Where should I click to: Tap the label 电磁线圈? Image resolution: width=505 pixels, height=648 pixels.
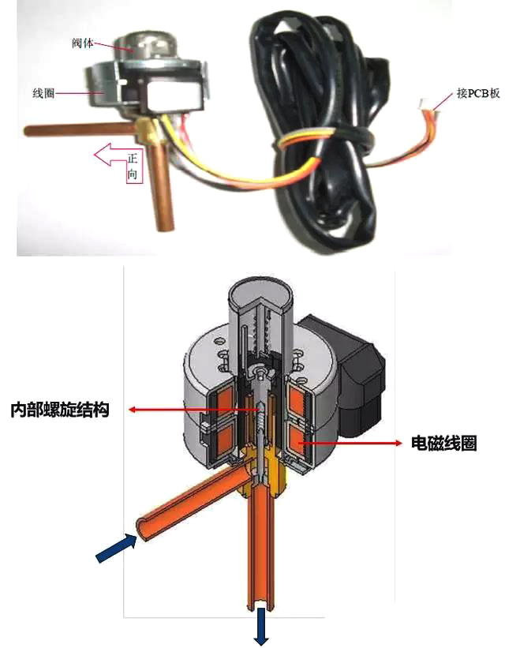click(444, 444)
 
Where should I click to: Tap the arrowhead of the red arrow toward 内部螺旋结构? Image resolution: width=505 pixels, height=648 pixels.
click(133, 410)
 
